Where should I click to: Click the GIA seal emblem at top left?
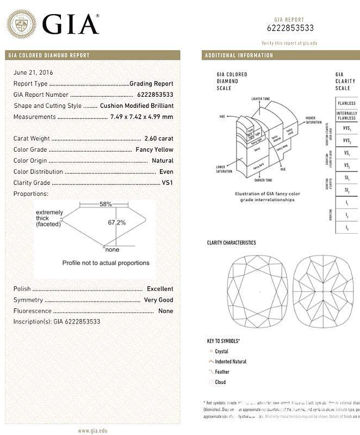pyautogui.click(x=22, y=24)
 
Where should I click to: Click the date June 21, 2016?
pyautogui.click(x=33, y=72)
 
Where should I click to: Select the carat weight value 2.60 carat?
pyautogui.click(x=159, y=139)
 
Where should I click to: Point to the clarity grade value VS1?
pyautogui.click(x=167, y=183)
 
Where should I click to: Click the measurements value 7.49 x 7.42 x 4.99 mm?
pyautogui.click(x=141, y=117)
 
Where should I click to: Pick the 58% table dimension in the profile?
pyautogui.click(x=105, y=204)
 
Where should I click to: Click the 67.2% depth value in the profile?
pyautogui.click(x=116, y=222)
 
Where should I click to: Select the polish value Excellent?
pyautogui.click(x=160, y=289)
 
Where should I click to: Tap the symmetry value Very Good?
pyautogui.click(x=158, y=300)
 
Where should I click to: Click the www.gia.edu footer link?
pyautogui.click(x=92, y=431)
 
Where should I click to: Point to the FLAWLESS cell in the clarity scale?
pyautogui.click(x=346, y=103)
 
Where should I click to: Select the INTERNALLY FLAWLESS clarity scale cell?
pyautogui.click(x=346, y=116)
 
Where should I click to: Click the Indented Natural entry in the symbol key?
pyautogui.click(x=231, y=362)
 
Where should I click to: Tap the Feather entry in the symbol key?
pyautogui.click(x=222, y=372)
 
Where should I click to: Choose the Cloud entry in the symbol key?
pyautogui.click(x=221, y=382)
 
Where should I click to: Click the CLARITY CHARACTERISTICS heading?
pyautogui.click(x=231, y=243)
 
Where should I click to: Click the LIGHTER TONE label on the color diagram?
pyautogui.click(x=260, y=99)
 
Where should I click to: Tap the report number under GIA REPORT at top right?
pyautogui.click(x=290, y=28)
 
